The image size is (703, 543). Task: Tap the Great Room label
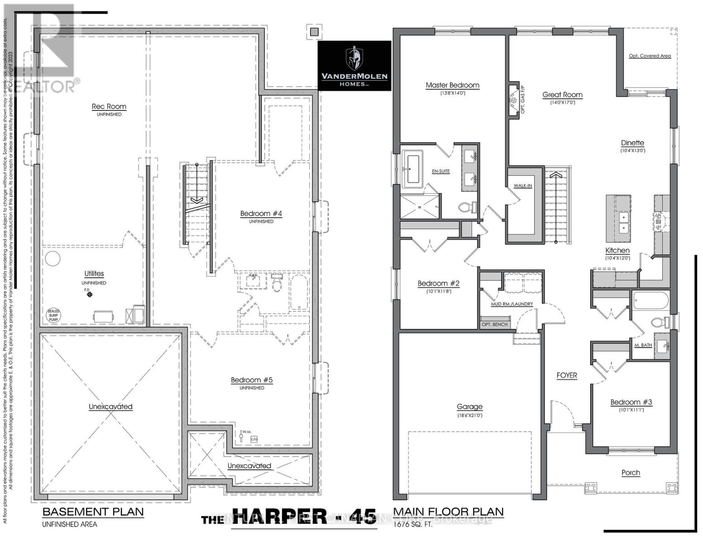tap(562, 95)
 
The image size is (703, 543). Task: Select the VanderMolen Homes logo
tap(354, 66)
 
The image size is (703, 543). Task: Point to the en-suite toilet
tap(466, 208)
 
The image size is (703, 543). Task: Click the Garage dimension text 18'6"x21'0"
tap(469, 414)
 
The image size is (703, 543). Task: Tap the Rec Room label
tap(109, 107)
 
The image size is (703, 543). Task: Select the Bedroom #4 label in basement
tap(261, 214)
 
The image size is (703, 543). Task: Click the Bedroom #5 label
tap(252, 380)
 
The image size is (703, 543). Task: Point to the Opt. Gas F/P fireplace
tap(514, 100)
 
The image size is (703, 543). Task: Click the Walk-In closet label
tap(523, 186)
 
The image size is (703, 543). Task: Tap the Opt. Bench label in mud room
tap(494, 324)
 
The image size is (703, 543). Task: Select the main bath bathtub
tap(651, 300)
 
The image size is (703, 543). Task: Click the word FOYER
tap(567, 376)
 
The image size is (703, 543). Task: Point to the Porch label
tap(631, 473)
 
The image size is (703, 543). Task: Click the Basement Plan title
tap(93, 512)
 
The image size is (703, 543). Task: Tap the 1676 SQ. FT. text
tap(413, 525)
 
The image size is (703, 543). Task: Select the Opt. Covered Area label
tap(650, 56)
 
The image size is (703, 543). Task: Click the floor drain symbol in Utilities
tap(89, 295)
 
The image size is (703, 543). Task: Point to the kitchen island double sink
tap(623, 222)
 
